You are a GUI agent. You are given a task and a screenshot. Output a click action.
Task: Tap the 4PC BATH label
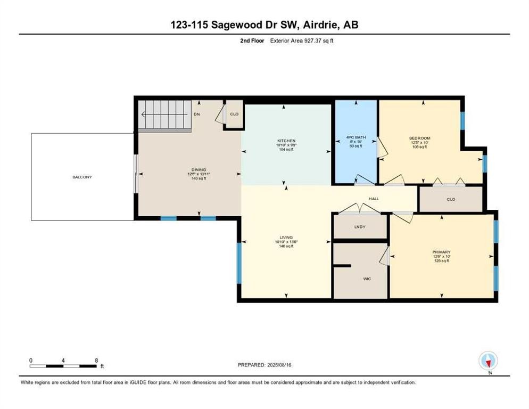[356, 138]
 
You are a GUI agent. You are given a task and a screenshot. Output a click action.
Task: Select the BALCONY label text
[82, 177]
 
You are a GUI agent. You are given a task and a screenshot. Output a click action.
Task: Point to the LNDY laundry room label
[360, 227]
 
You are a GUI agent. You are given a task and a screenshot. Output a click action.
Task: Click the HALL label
[374, 199]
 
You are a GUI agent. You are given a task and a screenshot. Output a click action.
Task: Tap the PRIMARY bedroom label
[441, 252]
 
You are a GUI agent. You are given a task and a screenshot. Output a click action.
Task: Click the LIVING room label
[286, 238]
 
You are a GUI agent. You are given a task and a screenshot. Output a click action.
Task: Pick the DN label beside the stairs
[197, 114]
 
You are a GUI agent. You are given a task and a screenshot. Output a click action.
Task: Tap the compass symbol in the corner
[487, 361]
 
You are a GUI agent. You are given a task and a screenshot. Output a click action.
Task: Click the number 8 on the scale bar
[96, 361]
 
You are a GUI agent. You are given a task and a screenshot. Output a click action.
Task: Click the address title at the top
[264, 24]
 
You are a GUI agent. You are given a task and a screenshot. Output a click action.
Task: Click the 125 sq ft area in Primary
[441, 261]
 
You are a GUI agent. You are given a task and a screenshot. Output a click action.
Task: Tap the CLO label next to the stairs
[234, 114]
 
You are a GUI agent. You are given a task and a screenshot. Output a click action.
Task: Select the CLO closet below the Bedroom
[451, 199]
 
